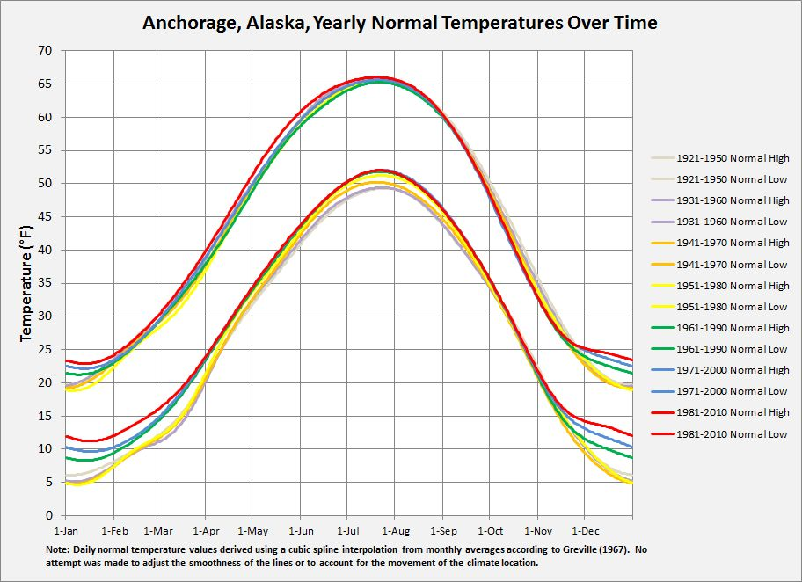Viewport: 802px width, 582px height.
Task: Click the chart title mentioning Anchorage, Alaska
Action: click(x=400, y=23)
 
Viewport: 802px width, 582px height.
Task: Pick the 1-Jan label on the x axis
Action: click(x=66, y=532)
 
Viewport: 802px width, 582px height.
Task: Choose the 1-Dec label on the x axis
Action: click(x=585, y=532)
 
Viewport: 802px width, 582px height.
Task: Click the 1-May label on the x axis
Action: click(x=252, y=532)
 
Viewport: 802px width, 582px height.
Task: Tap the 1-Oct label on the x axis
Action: click(x=490, y=532)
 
